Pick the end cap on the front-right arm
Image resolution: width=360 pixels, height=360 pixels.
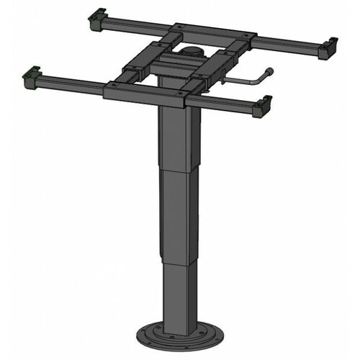coord(265,105)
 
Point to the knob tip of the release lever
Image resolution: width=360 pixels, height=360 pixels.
coord(270,71)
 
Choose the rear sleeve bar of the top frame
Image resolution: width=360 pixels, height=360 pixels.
coord(216,32)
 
